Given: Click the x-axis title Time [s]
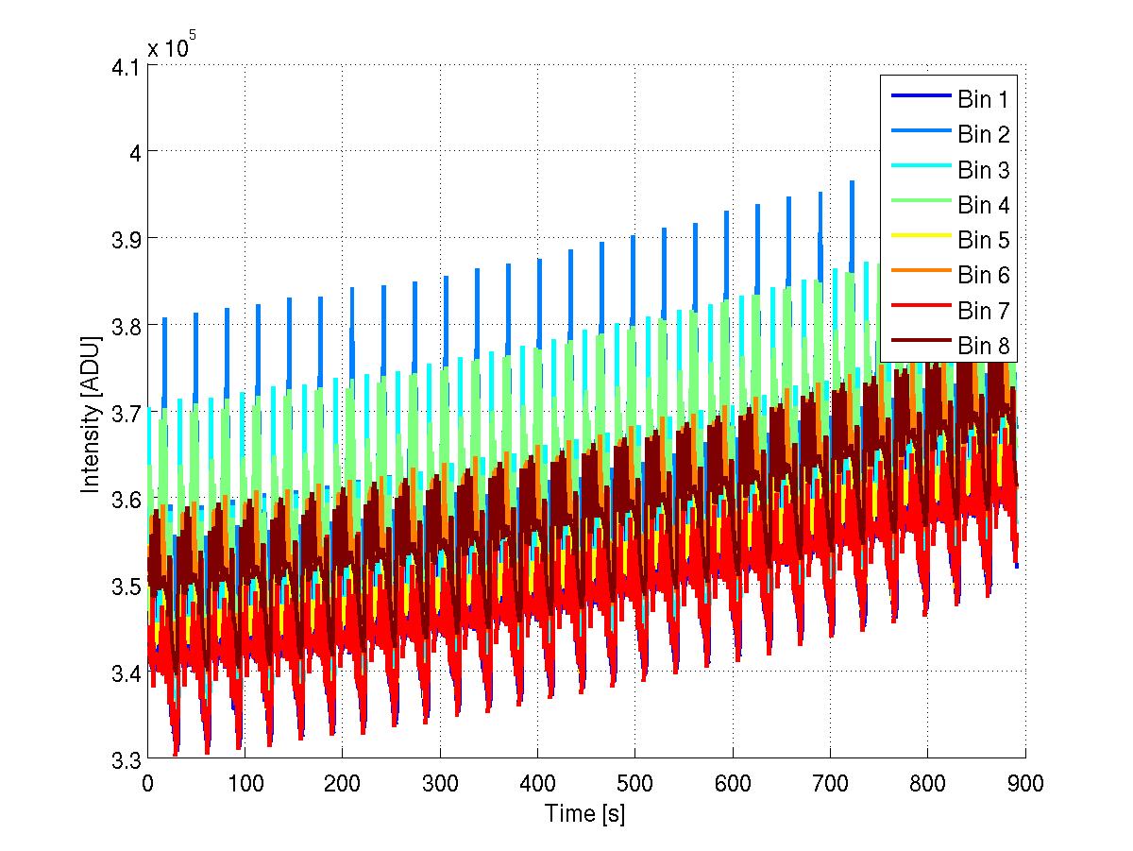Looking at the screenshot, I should tap(585, 813).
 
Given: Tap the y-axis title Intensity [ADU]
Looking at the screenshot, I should tap(91, 412).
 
